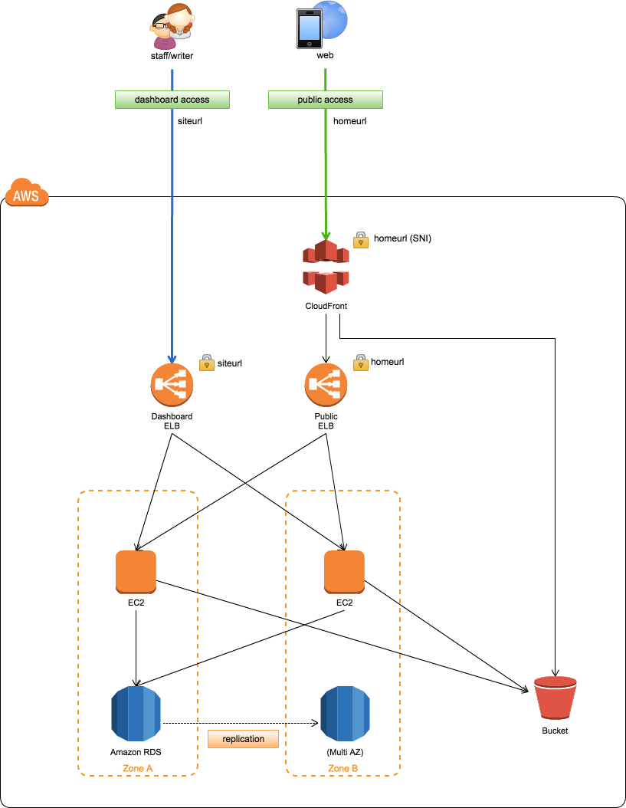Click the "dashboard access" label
172,100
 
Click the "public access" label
325,100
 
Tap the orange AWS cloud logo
27,193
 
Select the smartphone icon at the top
309,29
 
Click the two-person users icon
172,28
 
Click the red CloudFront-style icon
326,267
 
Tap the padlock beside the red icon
361,241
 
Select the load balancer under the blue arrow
172,385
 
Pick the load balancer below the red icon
326,385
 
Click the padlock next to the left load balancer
207,363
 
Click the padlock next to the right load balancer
361,363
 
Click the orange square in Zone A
136,572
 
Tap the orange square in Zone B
344,572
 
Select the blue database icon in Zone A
136,714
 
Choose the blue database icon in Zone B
345,714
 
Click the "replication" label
243,739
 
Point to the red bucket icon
556,698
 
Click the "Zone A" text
138,768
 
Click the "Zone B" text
342,768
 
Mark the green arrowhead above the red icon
326,235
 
